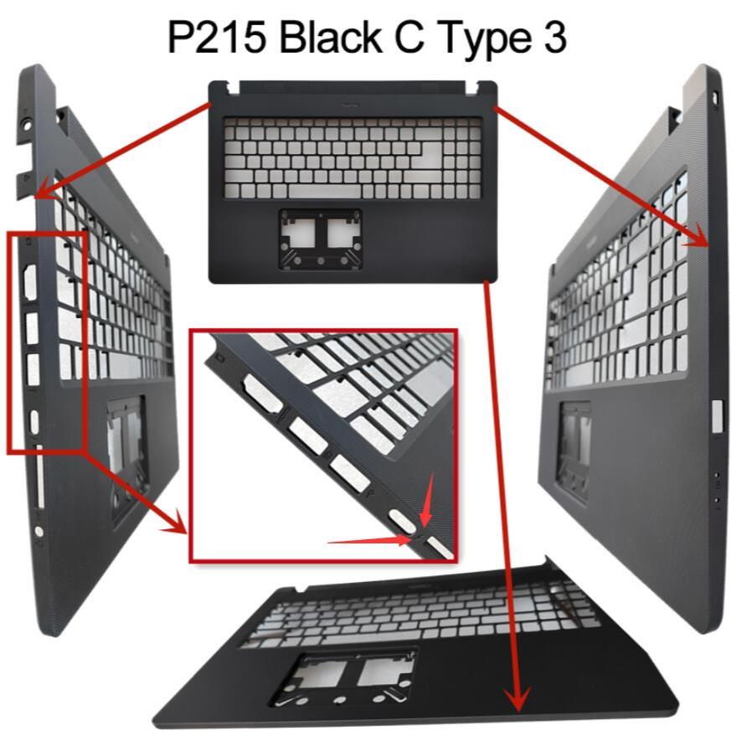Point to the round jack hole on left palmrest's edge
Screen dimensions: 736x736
39,531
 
